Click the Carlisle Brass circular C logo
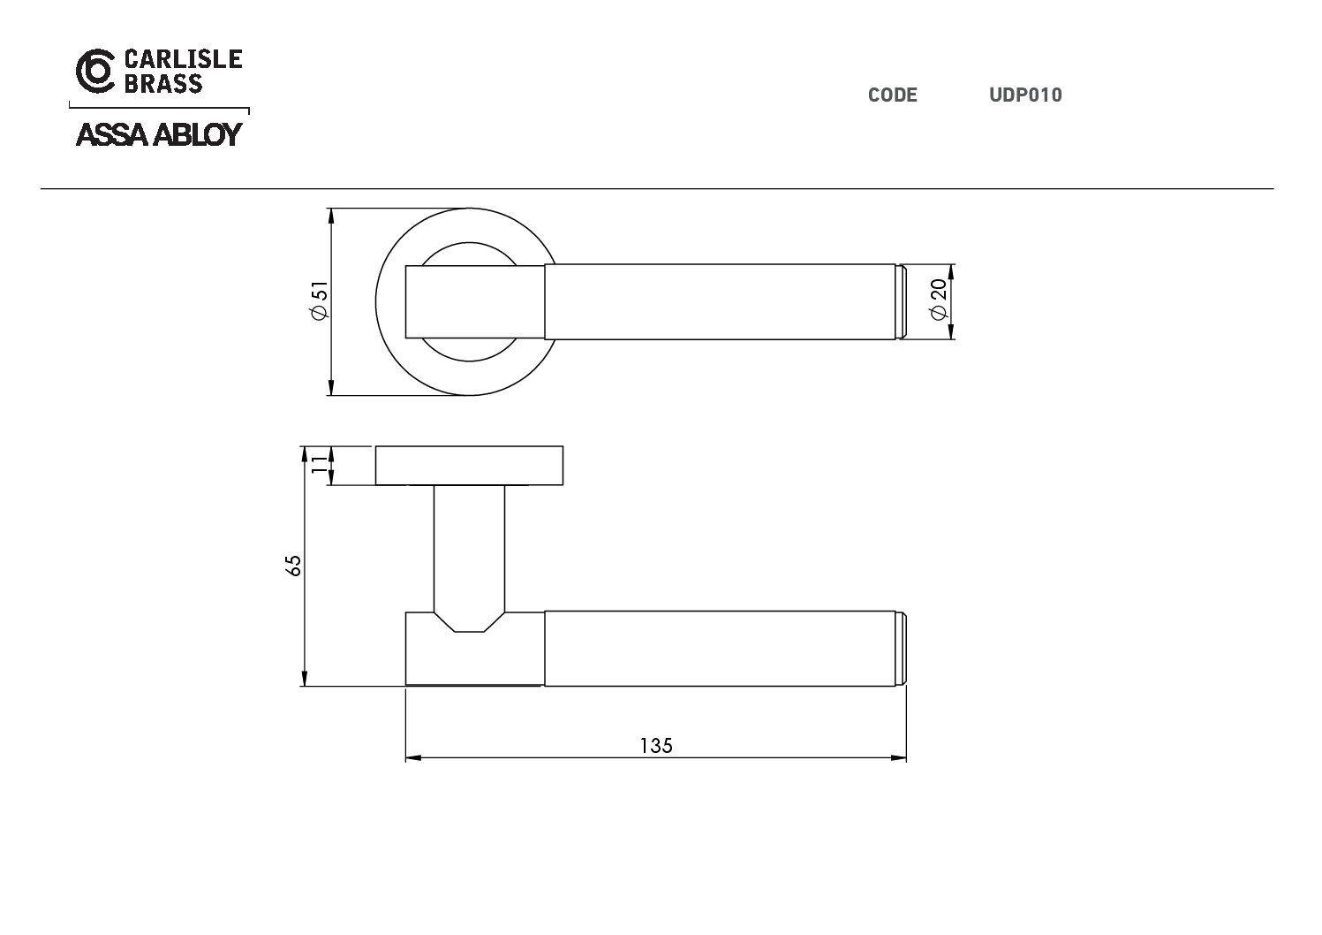(95, 71)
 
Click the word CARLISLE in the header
(184, 59)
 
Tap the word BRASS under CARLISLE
(163, 84)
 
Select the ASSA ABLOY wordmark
(159, 134)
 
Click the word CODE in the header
(892, 95)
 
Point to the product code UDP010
(1026, 95)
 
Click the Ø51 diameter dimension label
(320, 301)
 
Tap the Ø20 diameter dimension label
(939, 299)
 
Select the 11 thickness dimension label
(319, 464)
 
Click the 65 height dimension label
(293, 566)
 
